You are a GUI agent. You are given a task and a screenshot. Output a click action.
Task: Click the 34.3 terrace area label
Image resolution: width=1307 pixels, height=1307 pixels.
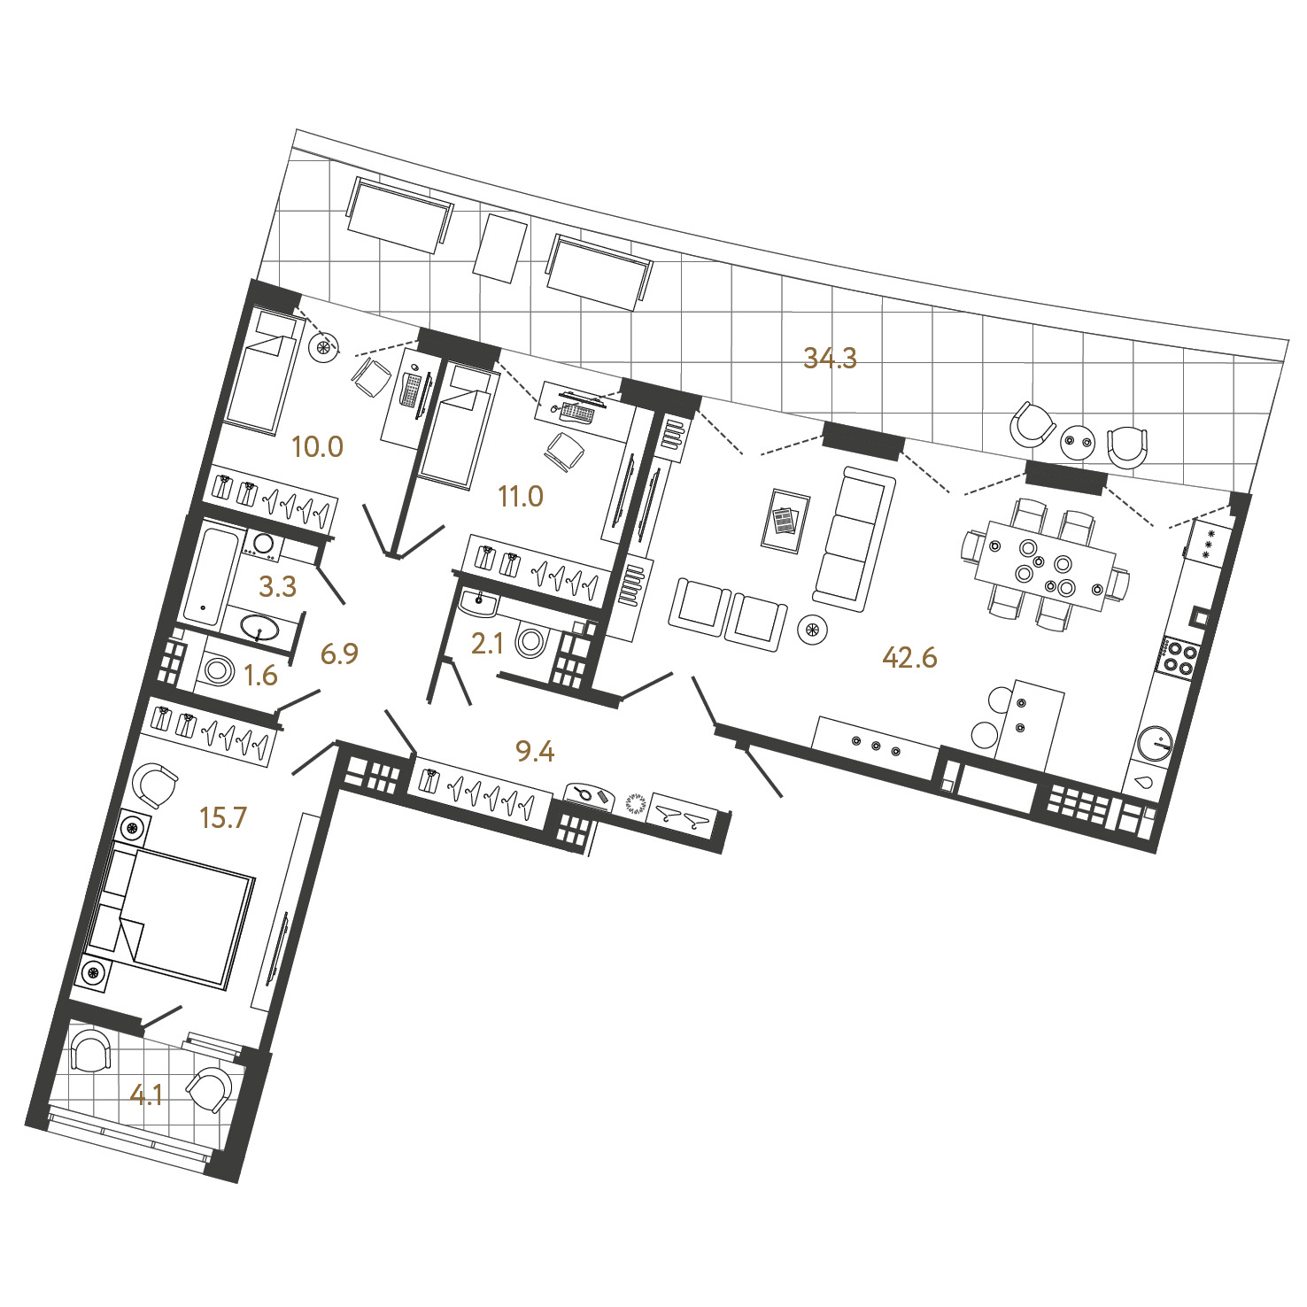pos(830,358)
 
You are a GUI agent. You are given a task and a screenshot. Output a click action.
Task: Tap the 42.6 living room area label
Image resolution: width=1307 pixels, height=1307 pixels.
pos(909,657)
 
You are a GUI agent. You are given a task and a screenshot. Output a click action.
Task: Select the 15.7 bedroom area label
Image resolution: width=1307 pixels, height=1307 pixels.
pos(222,817)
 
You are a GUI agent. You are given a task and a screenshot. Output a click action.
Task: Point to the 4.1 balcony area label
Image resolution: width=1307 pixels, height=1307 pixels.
pos(146,1096)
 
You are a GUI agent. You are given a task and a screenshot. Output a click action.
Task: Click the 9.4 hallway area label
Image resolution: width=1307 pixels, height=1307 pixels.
pos(535,752)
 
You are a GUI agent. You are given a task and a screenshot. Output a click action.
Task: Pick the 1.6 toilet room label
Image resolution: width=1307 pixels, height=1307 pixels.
pos(260,676)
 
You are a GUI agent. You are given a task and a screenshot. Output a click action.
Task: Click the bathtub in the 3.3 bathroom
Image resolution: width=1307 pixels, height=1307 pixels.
pos(210,571)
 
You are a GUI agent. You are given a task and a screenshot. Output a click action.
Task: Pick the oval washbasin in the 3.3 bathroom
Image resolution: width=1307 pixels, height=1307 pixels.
pos(259,629)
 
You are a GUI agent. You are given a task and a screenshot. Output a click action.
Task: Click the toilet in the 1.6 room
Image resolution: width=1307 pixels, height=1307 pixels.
pos(217,669)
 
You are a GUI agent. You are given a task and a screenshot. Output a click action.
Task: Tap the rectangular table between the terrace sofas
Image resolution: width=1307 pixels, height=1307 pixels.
pos(501,248)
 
